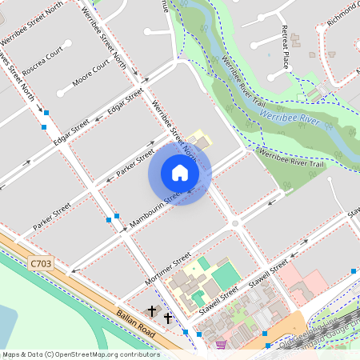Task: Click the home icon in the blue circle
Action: (x=180, y=173)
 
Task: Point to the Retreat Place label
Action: (x=283, y=46)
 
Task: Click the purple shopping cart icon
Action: (x=220, y=345)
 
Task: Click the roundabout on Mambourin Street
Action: (x=234, y=222)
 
